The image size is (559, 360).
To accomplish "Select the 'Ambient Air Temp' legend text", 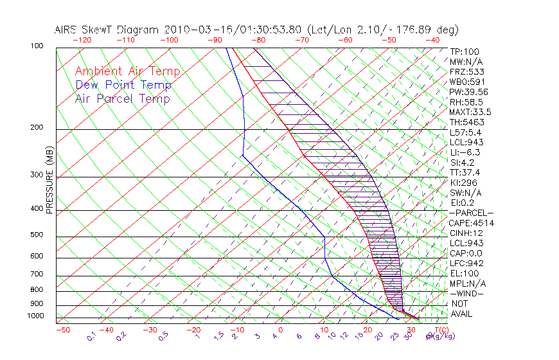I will pos(128,71).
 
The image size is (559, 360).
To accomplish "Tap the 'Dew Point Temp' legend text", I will pos(123,85).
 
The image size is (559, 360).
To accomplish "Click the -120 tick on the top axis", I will pos(82,40).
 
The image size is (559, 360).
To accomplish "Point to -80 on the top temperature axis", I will pos(258,40).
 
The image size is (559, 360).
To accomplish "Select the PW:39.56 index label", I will pos(469,92).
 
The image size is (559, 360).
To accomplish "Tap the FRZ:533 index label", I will pos(465,72).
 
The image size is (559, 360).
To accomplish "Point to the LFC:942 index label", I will pos(465,263).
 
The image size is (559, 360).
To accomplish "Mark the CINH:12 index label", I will pos(465,233).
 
